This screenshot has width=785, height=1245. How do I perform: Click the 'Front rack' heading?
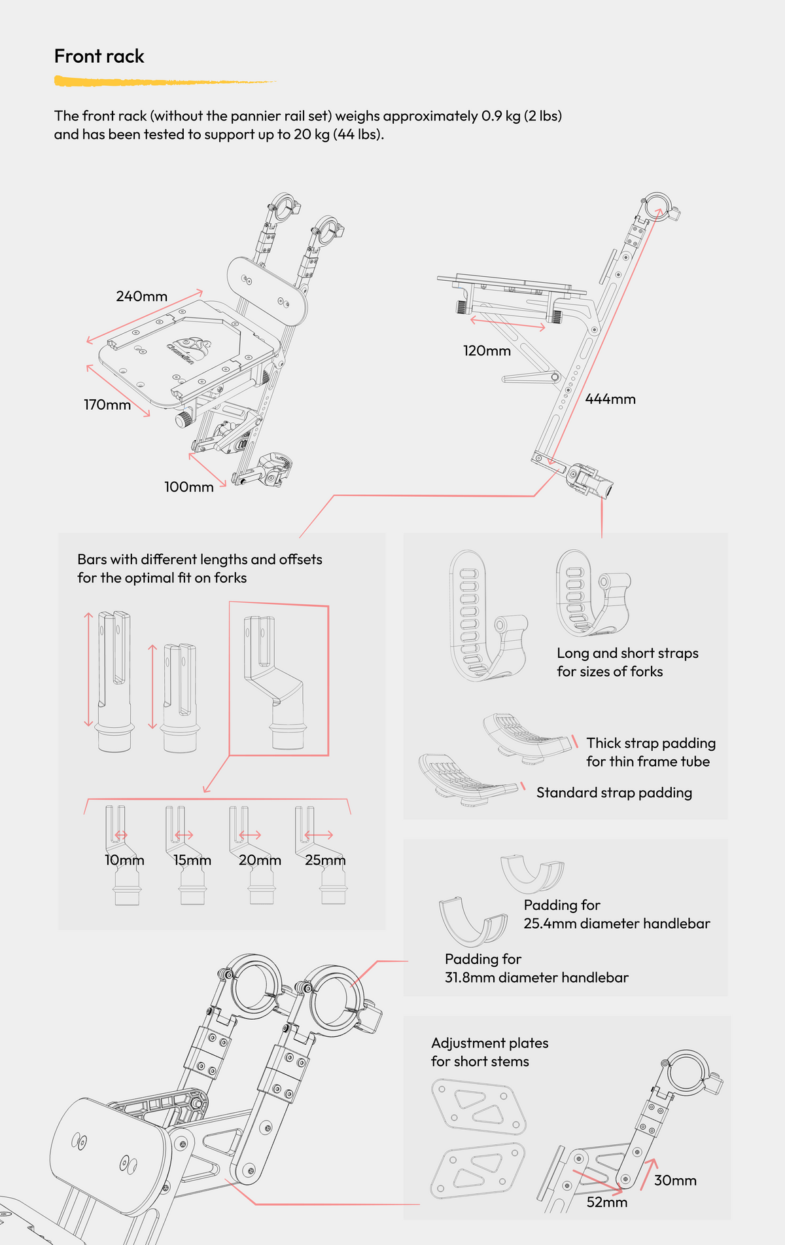[99, 57]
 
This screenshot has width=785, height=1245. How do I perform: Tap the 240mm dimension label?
[141, 297]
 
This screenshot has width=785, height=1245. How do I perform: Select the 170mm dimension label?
[107, 405]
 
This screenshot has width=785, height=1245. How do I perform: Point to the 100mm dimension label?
[188, 487]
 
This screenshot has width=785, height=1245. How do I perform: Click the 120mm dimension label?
[487, 351]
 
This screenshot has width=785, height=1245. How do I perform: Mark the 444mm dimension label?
[610, 399]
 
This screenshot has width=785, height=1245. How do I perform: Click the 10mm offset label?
[124, 860]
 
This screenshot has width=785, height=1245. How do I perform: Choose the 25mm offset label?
[325, 860]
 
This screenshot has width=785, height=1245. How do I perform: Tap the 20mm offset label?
[260, 860]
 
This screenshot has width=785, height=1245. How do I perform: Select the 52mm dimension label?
[606, 1202]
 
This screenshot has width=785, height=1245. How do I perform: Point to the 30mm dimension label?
[675, 1181]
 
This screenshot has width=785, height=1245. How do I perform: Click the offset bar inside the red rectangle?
[275, 681]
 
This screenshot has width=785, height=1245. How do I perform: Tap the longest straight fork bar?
[114, 681]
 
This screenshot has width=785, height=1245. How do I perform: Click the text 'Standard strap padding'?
[614, 793]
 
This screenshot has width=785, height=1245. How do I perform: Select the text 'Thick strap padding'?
[650, 744]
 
